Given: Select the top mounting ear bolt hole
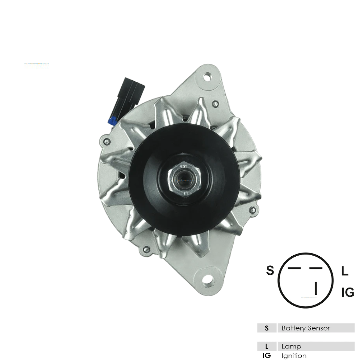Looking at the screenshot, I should [x=208, y=77].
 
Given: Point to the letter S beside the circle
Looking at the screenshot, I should [x=270, y=270].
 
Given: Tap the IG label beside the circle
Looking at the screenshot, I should [x=347, y=293].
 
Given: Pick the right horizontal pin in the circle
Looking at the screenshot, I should [x=315, y=269].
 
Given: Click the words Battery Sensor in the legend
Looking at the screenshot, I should [x=306, y=328].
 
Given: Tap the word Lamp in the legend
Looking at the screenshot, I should [x=292, y=346].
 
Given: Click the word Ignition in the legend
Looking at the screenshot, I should [x=294, y=356].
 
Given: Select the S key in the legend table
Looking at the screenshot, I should [x=267, y=328].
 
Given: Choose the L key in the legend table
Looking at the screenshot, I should [x=267, y=346].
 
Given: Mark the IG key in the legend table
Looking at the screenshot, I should [x=267, y=356].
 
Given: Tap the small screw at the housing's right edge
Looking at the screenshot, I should [x=255, y=210].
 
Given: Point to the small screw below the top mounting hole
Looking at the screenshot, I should [x=215, y=104].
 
